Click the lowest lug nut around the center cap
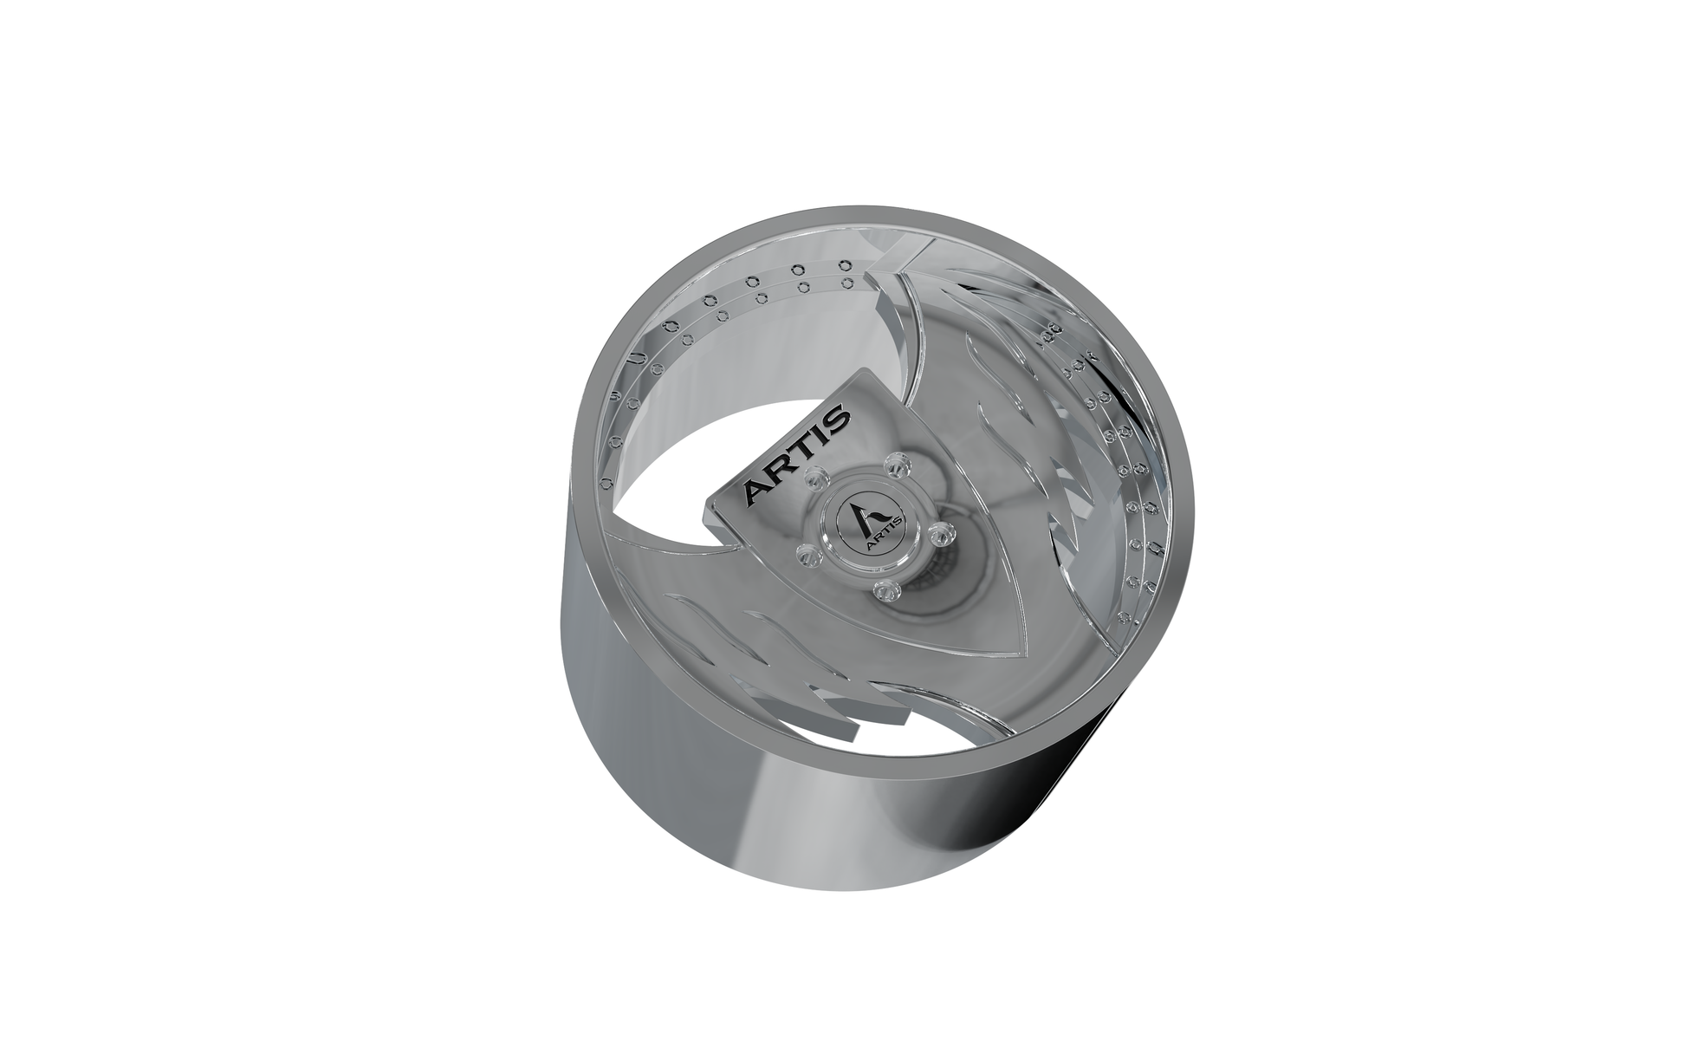[x=883, y=591]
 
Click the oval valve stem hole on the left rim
[x=637, y=358]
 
